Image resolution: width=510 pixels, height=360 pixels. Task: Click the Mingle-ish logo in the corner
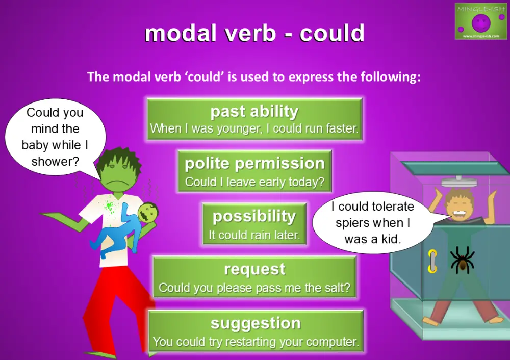pyautogui.click(x=480, y=21)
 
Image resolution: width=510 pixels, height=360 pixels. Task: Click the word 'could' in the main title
pyautogui.click(x=331, y=34)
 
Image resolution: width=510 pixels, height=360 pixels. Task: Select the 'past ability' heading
pyautogui.click(x=254, y=111)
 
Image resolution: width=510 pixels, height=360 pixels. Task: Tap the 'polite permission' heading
pyautogui.click(x=254, y=163)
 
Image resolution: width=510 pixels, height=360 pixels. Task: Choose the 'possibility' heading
pyautogui.click(x=254, y=216)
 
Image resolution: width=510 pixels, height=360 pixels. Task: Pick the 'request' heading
pyautogui.click(x=254, y=269)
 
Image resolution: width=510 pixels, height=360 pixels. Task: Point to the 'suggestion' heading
pyautogui.click(x=256, y=323)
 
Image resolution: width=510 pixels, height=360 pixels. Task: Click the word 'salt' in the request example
pyautogui.click(x=337, y=288)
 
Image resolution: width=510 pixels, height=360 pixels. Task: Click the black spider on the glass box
pyautogui.click(x=462, y=260)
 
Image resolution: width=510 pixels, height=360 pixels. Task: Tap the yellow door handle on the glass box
pyautogui.click(x=432, y=262)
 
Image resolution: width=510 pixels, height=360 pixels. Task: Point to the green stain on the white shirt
pyautogui.click(x=109, y=207)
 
